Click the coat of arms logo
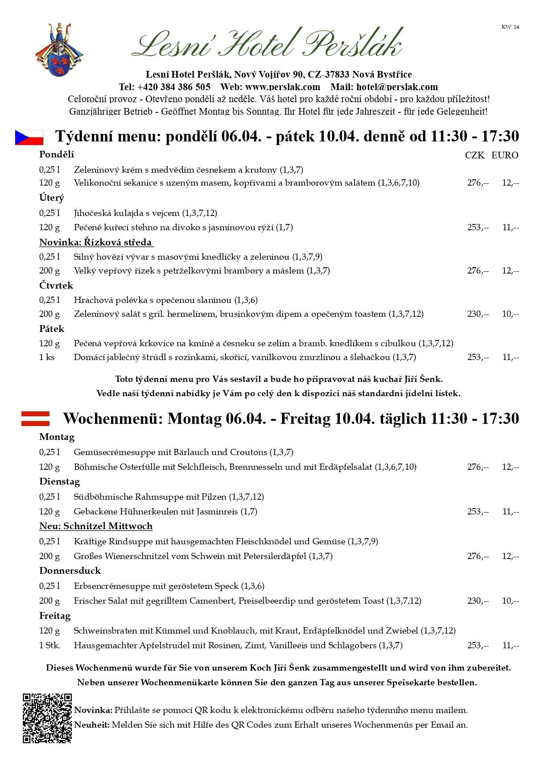pos(58,50)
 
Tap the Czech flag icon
pos(29,137)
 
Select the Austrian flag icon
pos(35,418)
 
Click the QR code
pos(47,718)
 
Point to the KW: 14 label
pos(510,27)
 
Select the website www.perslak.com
pos(283,87)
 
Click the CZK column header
pos(475,155)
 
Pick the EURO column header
pos(505,155)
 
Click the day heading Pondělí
pos(57,154)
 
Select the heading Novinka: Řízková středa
pos(96,242)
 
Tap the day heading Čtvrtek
pos(56,285)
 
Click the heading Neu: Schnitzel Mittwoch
pos(96,526)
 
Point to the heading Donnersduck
pos(70,571)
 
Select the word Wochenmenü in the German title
pos(113,418)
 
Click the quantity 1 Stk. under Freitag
pos(50,645)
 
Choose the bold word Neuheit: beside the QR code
pos(92,725)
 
